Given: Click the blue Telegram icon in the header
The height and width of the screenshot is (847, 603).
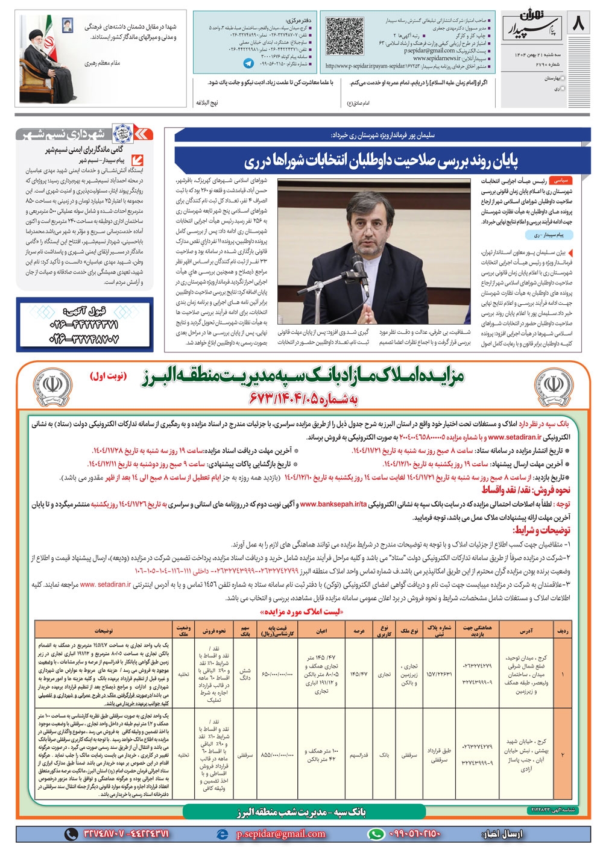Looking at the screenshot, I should pyautogui.click(x=248, y=63).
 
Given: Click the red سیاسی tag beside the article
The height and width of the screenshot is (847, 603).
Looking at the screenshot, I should pyautogui.click(x=561, y=180).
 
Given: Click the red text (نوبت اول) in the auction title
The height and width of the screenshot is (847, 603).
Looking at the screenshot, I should pyautogui.click(x=108, y=376).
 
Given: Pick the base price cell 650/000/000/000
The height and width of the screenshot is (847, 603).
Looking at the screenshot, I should pyautogui.click(x=277, y=674).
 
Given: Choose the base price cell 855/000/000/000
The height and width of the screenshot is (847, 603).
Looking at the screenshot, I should pyautogui.click(x=277, y=754).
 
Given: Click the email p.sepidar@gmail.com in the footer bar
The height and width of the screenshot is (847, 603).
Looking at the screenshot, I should pyautogui.click(x=280, y=834).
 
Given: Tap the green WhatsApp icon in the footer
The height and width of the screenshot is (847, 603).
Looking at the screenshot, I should pyautogui.click(x=376, y=834).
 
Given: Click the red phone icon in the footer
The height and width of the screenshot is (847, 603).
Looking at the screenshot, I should pyautogui.click(x=72, y=834).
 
